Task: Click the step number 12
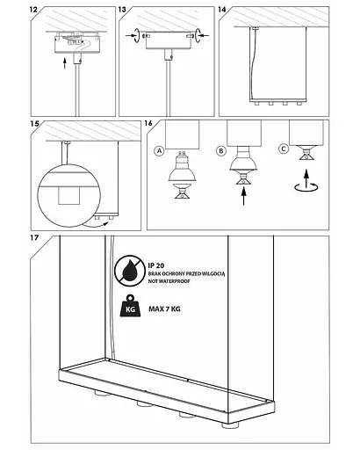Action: [x=33, y=9]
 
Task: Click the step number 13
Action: [x=122, y=10]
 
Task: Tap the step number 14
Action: [x=222, y=10]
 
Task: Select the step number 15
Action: [x=34, y=124]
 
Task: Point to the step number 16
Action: [x=148, y=123]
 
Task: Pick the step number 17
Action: [x=34, y=237]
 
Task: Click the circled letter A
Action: [x=159, y=151]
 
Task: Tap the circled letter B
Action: [x=221, y=151]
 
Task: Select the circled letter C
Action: [x=284, y=149]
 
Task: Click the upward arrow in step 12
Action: [x=65, y=63]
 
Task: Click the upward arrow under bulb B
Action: [x=243, y=196]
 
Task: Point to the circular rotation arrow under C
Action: [x=306, y=187]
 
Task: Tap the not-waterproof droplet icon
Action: [x=130, y=271]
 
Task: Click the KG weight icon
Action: [x=130, y=306]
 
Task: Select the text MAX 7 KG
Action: [x=164, y=308]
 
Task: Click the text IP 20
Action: [x=156, y=265]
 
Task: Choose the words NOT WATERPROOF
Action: [x=169, y=281]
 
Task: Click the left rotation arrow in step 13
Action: [x=137, y=35]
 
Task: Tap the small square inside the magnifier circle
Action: [x=69, y=196]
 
